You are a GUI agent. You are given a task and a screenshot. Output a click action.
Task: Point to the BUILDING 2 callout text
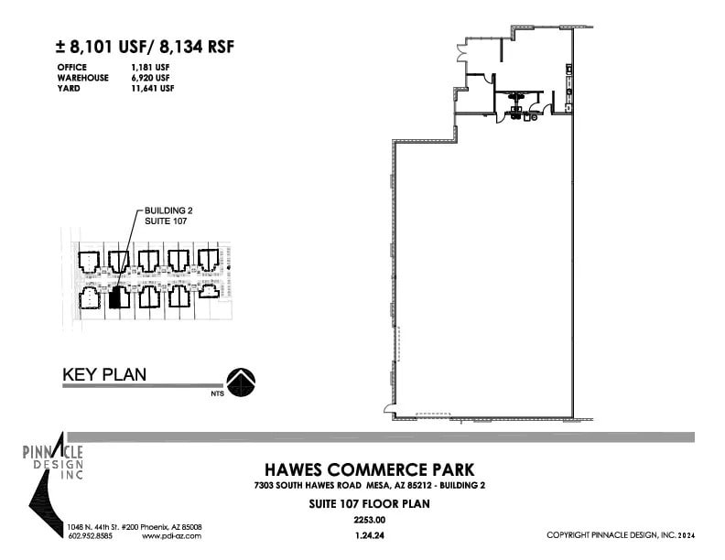point(168,210)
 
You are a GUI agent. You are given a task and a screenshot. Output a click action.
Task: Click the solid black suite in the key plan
point(114,298)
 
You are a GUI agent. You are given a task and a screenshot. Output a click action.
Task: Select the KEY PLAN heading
point(103,374)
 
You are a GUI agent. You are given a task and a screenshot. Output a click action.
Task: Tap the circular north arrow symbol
point(241,382)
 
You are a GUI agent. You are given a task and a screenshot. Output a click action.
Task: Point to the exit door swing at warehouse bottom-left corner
point(389,408)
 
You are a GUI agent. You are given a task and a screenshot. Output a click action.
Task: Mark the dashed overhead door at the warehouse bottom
point(434,415)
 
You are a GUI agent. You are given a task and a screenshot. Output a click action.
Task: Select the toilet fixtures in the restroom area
point(519,114)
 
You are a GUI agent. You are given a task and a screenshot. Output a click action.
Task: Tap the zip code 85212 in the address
point(408,485)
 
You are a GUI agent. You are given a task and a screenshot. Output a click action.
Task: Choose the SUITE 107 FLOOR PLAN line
point(363,503)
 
